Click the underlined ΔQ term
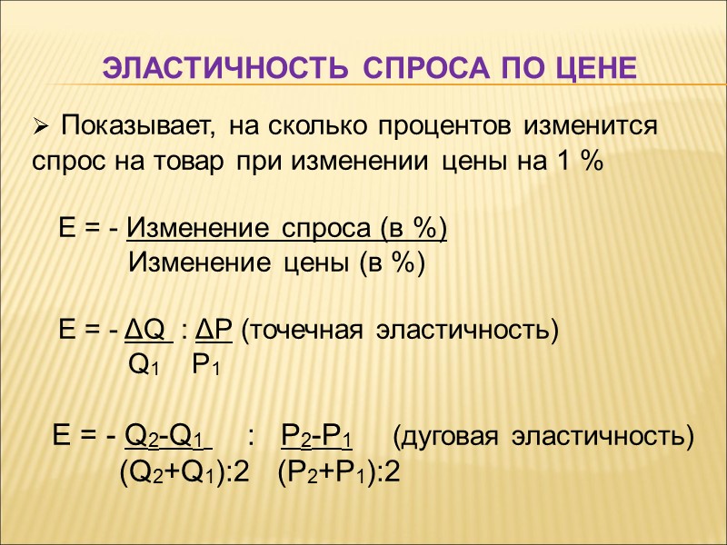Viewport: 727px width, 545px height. [x=147, y=329]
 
